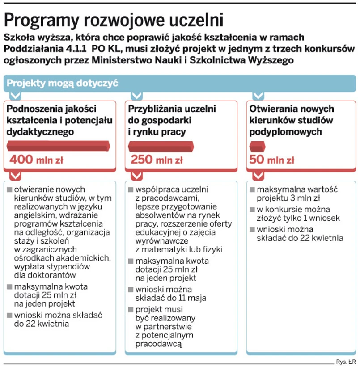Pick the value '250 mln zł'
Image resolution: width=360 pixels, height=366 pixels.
click(157, 159)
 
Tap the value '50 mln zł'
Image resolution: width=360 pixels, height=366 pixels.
click(272, 159)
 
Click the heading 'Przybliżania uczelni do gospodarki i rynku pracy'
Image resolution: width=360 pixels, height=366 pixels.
click(172, 120)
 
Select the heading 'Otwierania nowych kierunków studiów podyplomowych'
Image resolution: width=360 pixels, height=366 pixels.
click(292, 120)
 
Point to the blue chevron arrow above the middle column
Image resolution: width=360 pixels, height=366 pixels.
click(136, 95)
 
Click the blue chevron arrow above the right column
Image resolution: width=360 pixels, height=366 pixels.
click(258, 95)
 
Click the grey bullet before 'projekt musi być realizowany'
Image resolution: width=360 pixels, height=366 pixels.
click(131, 309)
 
